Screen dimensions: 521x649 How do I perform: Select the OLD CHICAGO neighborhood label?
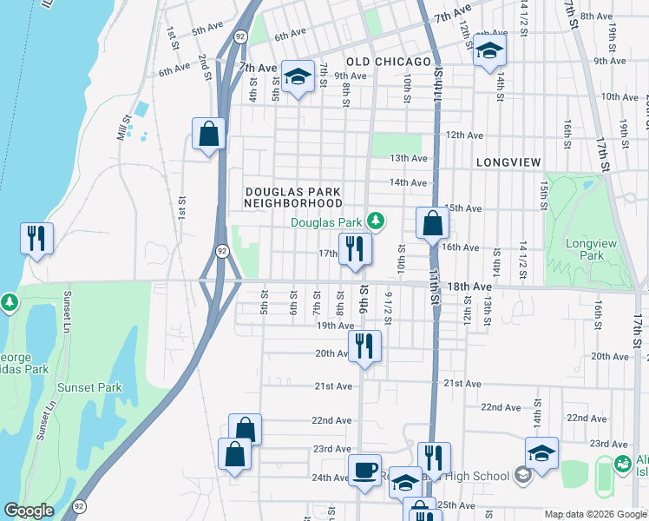(389, 62)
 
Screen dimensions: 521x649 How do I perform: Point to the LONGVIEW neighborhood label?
(508, 162)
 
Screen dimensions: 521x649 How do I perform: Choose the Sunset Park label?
(89, 387)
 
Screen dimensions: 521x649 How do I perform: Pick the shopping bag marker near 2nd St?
(208, 134)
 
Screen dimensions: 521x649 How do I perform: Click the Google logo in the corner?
(29, 511)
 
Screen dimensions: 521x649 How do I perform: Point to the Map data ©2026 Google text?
(595, 514)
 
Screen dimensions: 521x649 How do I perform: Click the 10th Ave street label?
(619, 96)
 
